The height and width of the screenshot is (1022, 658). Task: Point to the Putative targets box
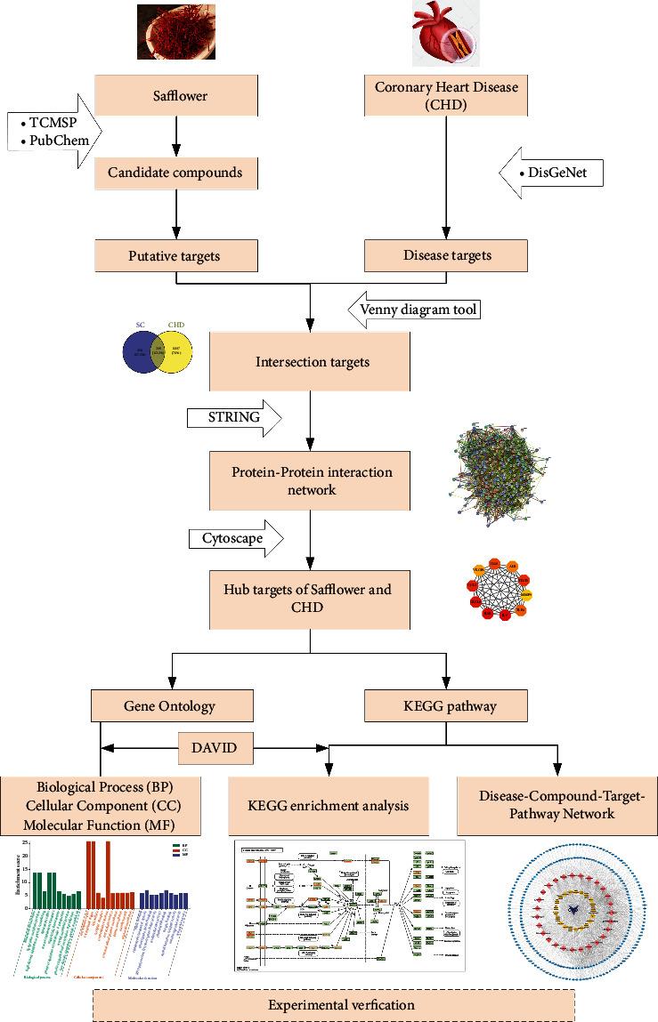(x=176, y=256)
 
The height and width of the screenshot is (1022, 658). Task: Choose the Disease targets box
(x=447, y=256)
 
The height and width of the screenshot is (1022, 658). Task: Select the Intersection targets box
(x=309, y=361)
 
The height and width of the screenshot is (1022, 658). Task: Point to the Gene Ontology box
(x=173, y=706)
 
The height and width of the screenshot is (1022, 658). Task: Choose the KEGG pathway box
(x=446, y=706)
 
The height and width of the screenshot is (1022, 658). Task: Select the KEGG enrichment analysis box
(x=328, y=806)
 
